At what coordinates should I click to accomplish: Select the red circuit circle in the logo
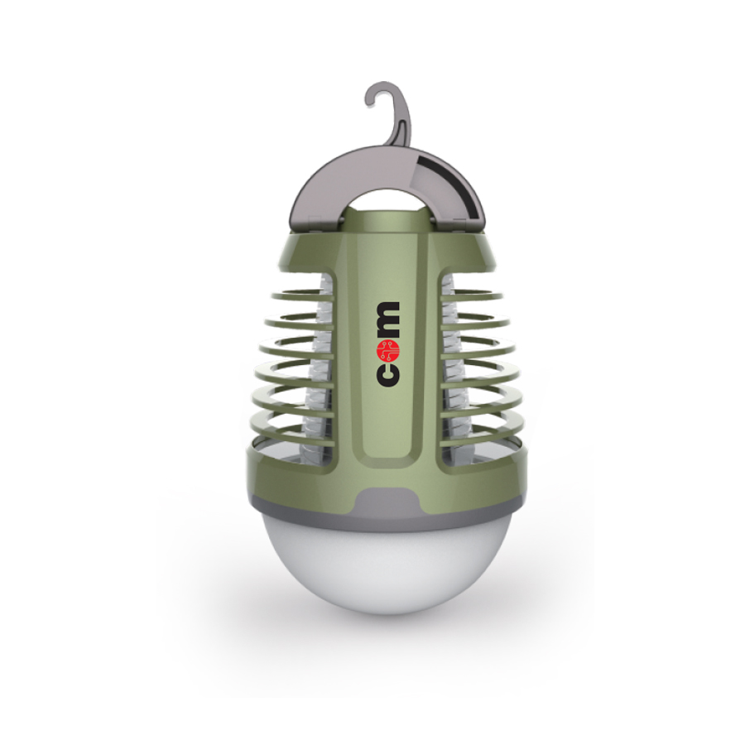388,350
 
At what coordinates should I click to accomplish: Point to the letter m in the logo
388,320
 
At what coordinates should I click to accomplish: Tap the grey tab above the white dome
387,502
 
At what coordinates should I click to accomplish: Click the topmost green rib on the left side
302,296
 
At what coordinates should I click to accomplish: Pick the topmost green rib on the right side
471,296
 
